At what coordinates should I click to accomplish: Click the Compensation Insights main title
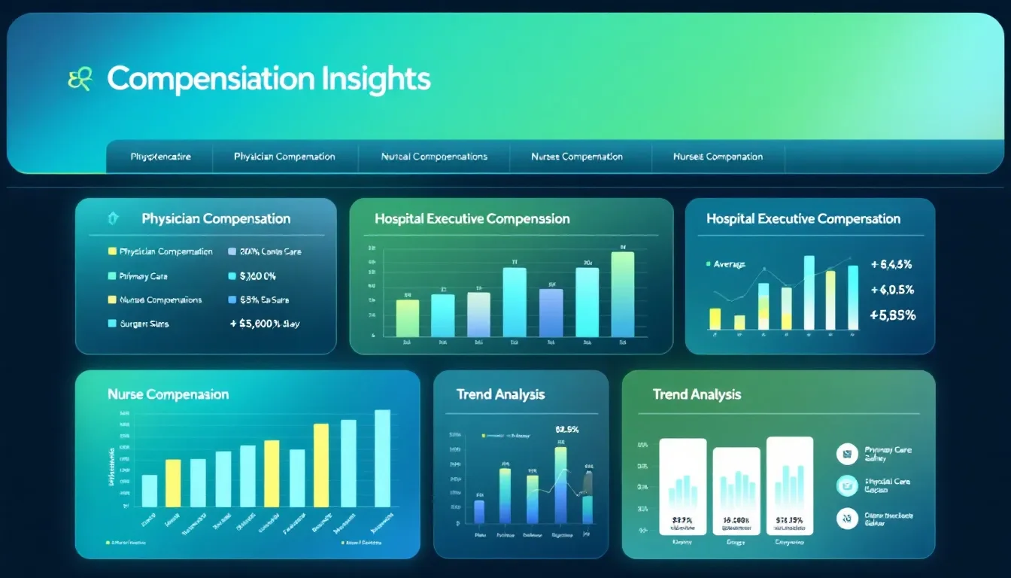[x=269, y=79]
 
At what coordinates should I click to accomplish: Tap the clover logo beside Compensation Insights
[x=80, y=79]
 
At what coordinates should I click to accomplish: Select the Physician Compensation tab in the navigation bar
[x=284, y=157]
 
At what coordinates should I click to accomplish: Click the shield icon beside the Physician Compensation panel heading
[x=114, y=218]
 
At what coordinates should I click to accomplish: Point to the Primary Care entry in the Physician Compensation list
[x=143, y=276]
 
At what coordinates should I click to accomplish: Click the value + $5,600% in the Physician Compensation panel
[x=264, y=324]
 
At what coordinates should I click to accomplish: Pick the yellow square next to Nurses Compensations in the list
[x=112, y=300]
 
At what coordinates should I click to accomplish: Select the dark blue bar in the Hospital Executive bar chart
[x=551, y=312]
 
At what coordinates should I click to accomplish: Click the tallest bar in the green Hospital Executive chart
[x=622, y=294]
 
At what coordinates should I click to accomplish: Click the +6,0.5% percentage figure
[x=891, y=290]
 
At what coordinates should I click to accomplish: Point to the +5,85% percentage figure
[x=892, y=315]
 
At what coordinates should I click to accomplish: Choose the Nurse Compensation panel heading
[x=168, y=394]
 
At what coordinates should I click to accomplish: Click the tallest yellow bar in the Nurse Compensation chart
[x=320, y=464]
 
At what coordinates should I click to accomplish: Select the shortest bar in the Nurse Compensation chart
[x=150, y=490]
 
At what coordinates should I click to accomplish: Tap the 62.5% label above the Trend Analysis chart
[x=566, y=430]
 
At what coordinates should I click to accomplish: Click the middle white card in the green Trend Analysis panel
[x=736, y=491]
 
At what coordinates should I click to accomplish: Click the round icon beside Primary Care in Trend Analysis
[x=847, y=454]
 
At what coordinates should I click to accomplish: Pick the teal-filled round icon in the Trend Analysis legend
[x=847, y=485]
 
